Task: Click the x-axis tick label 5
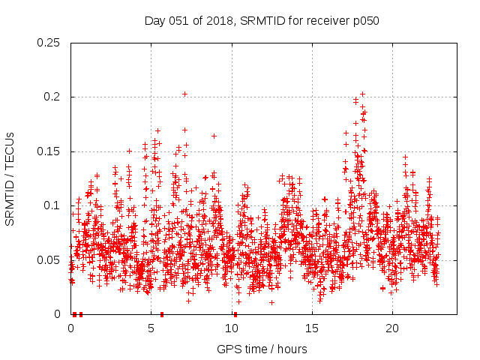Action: (x=151, y=328)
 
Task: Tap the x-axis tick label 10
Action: (x=232, y=328)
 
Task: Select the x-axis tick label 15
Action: (x=312, y=328)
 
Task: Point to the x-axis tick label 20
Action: (x=392, y=328)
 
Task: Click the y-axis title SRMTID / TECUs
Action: (x=10, y=178)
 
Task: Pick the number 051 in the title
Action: (x=176, y=20)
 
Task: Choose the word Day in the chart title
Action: (x=154, y=20)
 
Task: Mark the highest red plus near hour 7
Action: (x=184, y=94)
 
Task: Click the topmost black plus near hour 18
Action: (x=362, y=94)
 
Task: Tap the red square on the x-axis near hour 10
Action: (x=234, y=314)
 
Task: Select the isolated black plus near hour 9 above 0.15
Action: (x=214, y=136)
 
